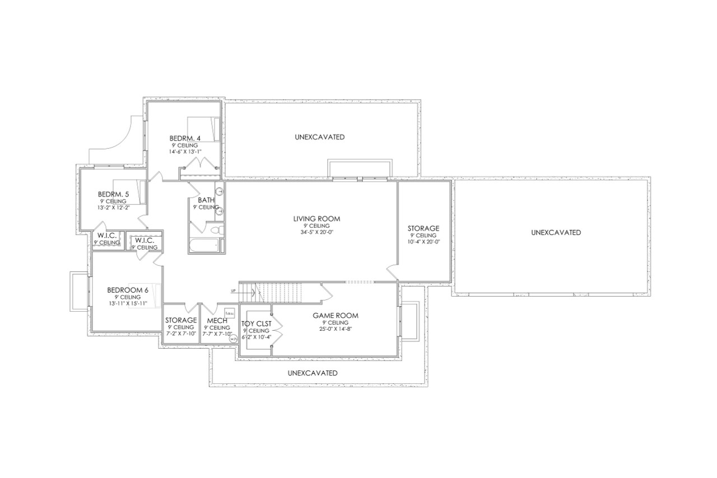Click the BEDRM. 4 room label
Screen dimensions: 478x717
tap(185, 138)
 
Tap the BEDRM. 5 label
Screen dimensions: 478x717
tap(113, 194)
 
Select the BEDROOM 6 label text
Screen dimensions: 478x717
tap(128, 290)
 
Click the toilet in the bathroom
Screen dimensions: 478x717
tap(215, 230)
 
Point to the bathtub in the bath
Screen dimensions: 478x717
tap(203, 246)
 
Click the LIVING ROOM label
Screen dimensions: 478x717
tap(316, 218)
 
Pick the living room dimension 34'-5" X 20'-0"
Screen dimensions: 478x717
tap(316, 232)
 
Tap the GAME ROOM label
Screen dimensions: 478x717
tap(335, 316)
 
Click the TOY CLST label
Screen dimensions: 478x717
tap(256, 324)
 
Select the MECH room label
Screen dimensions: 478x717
tap(217, 320)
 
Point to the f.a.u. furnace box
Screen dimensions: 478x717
tap(229, 313)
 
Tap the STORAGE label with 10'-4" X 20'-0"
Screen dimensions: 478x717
tap(423, 228)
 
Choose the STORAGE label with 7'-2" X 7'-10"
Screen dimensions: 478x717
tap(180, 320)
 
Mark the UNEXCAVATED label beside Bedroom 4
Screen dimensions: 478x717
tap(319, 137)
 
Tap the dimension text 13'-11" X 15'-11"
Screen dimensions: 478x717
tap(128, 303)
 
